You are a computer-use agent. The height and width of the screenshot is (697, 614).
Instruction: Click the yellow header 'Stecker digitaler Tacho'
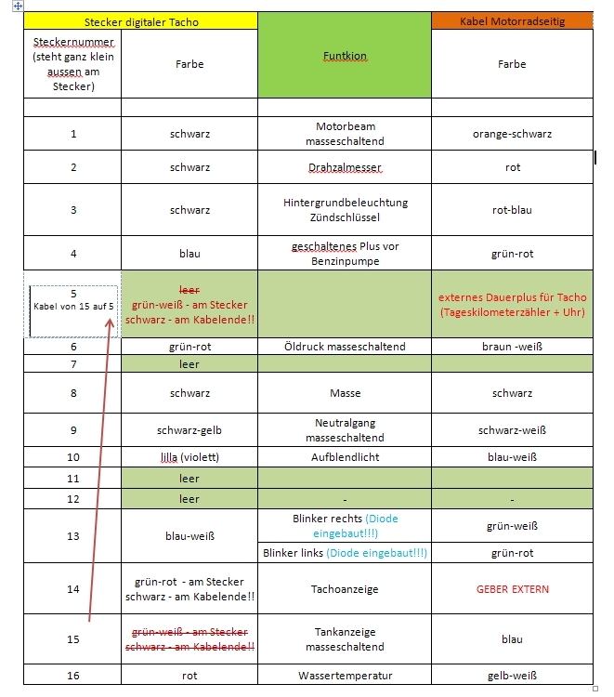click(140, 21)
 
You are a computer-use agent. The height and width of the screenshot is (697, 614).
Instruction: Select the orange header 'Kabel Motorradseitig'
click(512, 21)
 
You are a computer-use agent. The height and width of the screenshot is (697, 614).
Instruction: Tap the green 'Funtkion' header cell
click(345, 57)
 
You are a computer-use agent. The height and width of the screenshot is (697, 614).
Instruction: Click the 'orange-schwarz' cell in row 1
click(512, 134)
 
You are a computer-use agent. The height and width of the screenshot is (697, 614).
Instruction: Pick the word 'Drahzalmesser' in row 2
click(345, 167)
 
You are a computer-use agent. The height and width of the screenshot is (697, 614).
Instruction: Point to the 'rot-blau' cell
click(512, 210)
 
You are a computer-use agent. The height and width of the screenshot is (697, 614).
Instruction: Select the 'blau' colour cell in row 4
click(189, 253)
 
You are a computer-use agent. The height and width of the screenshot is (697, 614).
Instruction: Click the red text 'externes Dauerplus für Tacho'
click(512, 298)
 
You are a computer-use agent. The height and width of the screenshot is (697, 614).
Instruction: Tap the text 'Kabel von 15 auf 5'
click(73, 305)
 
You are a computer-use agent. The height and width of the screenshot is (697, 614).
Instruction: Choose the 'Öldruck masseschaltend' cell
click(345, 347)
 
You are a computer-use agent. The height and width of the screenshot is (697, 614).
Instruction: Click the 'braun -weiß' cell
click(512, 347)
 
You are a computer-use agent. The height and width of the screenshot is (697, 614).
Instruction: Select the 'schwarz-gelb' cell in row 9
click(189, 430)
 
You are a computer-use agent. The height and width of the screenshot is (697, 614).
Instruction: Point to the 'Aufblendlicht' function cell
click(345, 457)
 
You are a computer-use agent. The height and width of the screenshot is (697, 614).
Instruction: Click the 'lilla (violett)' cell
click(189, 457)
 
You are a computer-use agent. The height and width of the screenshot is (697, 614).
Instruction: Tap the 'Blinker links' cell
click(345, 553)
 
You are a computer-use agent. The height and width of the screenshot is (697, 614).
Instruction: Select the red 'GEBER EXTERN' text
click(512, 589)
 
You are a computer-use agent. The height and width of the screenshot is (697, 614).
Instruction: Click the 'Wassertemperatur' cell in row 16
click(345, 676)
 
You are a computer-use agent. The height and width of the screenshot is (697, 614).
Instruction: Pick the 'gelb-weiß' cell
click(512, 676)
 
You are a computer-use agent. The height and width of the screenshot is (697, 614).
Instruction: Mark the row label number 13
click(73, 535)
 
